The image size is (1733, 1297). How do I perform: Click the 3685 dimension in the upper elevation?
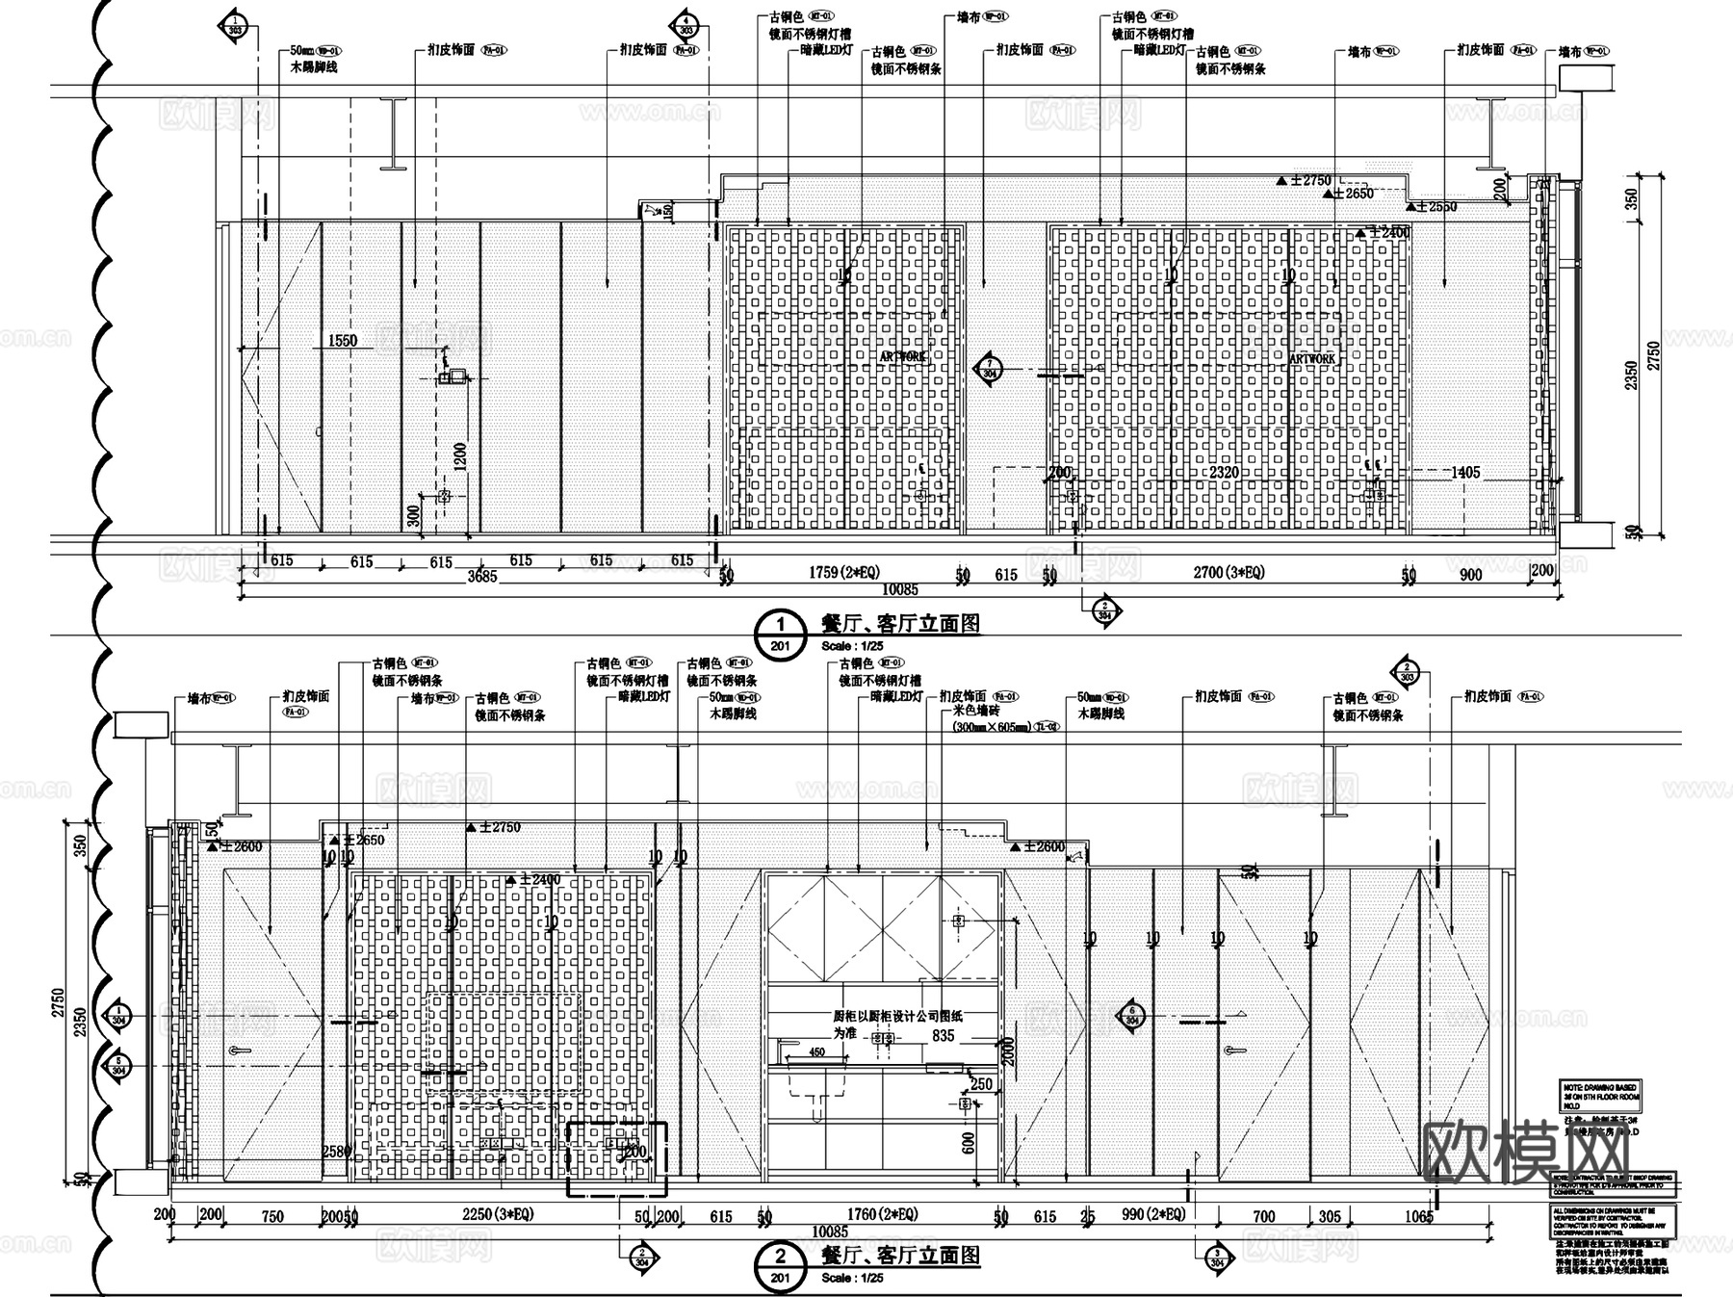click(x=482, y=578)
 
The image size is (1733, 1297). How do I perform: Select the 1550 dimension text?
click(x=343, y=340)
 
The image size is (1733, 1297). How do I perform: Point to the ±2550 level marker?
click(x=1435, y=206)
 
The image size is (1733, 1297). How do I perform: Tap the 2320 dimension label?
click(x=1224, y=473)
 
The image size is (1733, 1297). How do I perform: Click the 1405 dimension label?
click(x=1465, y=473)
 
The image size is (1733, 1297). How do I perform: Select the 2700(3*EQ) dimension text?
click(x=1229, y=573)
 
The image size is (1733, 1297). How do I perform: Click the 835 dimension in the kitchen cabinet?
click(x=943, y=1036)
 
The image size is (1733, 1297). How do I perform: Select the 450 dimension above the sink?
click(x=816, y=1052)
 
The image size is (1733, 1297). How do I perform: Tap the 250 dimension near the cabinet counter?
click(x=981, y=1084)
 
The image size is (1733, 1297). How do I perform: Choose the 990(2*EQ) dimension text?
click(x=1153, y=1215)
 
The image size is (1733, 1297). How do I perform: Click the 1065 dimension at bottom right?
click(x=1418, y=1217)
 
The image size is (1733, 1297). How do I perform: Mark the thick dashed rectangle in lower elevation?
click(x=616, y=1158)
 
